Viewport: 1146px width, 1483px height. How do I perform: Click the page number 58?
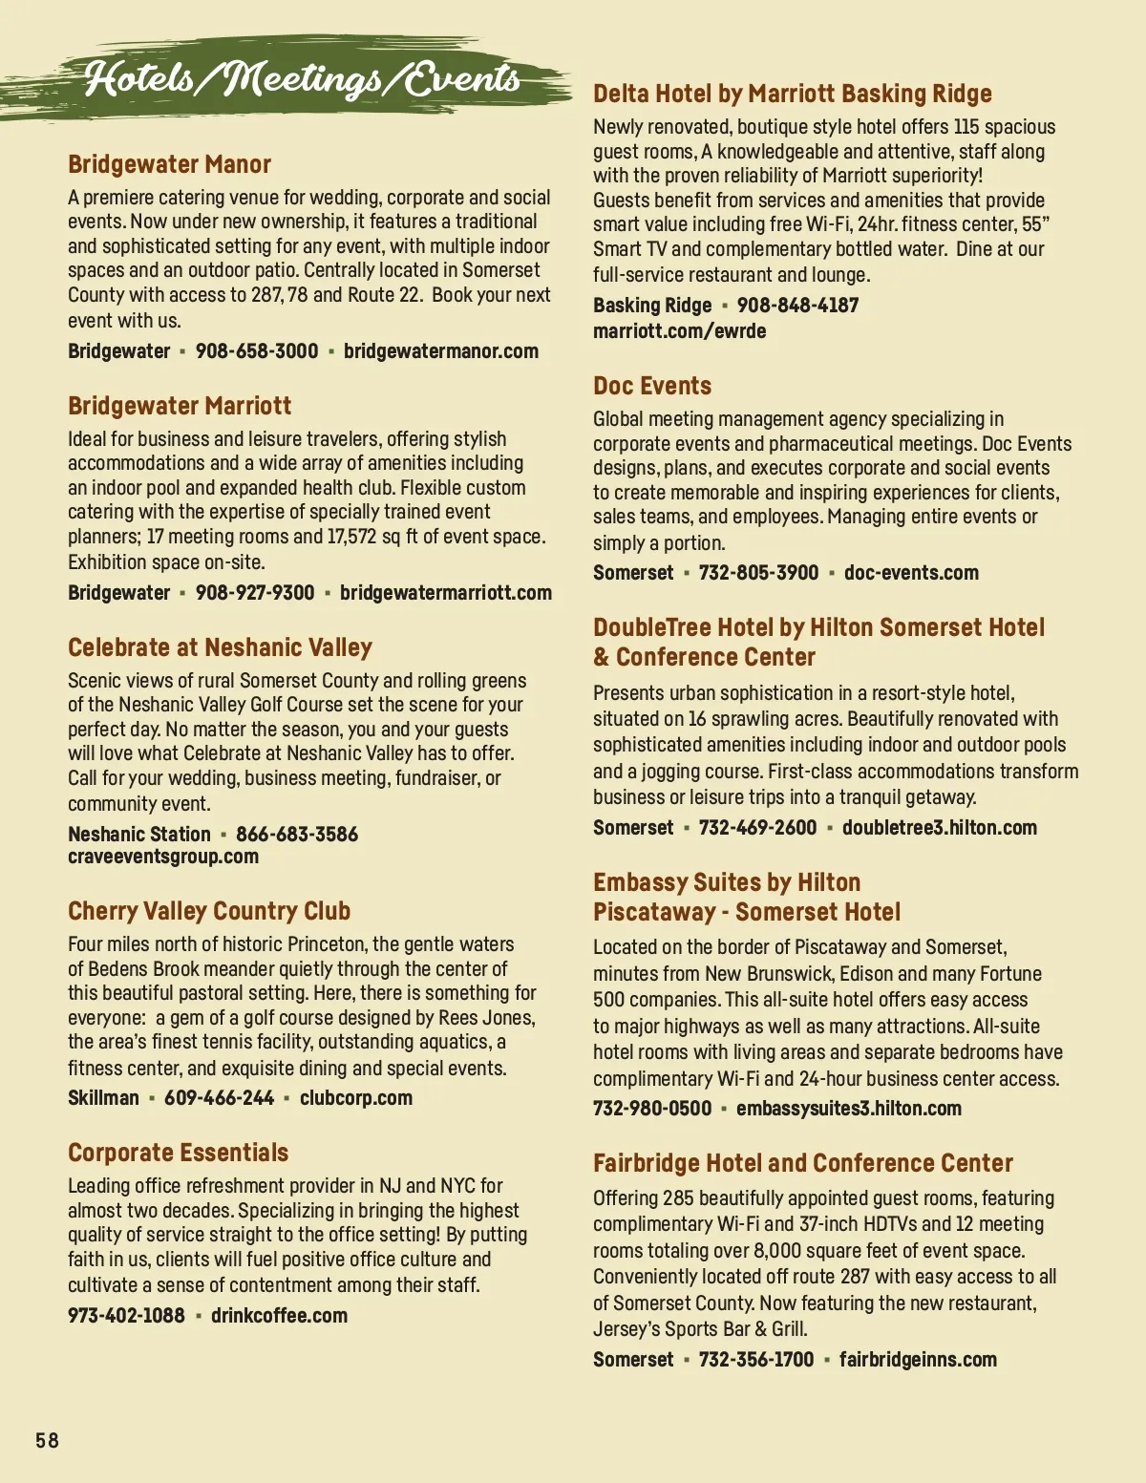click(47, 1440)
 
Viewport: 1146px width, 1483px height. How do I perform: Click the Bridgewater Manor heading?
click(169, 164)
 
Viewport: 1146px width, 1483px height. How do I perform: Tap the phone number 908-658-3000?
click(257, 351)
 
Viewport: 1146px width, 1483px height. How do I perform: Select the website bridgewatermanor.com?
click(440, 351)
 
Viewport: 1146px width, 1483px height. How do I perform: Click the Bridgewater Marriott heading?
click(180, 406)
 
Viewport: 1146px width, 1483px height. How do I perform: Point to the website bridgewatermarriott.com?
click(445, 593)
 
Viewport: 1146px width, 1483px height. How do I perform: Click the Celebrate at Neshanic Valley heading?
click(220, 647)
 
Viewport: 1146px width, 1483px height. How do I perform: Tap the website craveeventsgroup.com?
click(163, 857)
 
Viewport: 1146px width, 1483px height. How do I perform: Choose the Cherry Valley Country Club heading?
click(209, 911)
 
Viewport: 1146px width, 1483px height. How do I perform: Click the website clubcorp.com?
click(356, 1098)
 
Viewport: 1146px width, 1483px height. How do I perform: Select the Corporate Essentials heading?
click(178, 1153)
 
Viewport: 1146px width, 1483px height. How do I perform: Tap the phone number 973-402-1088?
click(126, 1316)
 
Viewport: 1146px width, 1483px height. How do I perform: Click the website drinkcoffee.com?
click(279, 1316)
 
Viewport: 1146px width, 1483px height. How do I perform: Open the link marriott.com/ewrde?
click(679, 331)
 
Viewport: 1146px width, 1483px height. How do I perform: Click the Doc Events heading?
click(652, 386)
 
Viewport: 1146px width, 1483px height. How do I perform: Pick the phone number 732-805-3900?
click(758, 573)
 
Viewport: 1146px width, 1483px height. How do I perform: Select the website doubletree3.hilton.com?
click(939, 828)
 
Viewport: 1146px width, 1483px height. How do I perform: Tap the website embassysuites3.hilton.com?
click(848, 1109)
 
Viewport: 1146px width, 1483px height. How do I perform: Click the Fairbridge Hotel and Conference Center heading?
click(802, 1163)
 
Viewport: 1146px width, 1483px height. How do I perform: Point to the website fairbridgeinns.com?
click(918, 1360)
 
